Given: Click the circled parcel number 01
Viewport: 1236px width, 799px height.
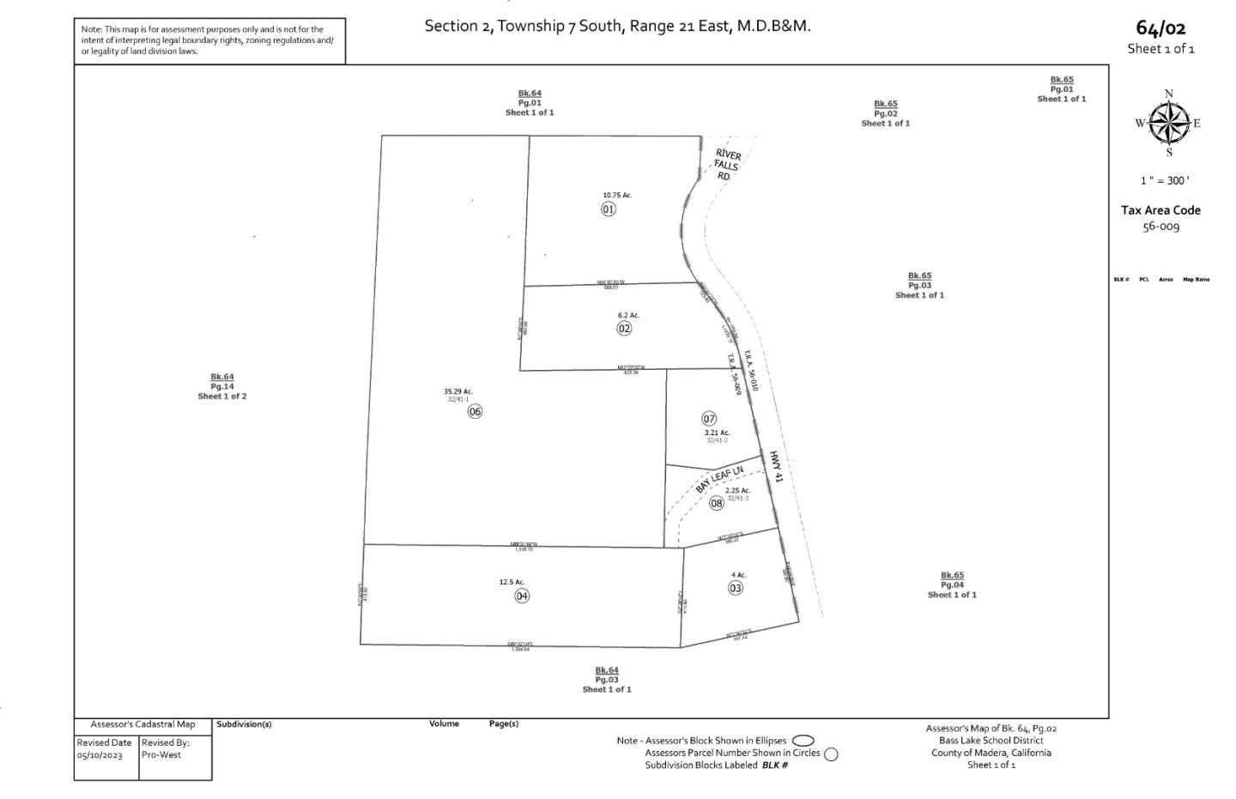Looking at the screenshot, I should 609,209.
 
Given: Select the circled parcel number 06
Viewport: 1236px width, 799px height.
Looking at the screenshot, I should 475,411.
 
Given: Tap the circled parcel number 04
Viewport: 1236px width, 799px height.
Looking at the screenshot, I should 522,596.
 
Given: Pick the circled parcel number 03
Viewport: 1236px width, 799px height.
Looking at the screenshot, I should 736,588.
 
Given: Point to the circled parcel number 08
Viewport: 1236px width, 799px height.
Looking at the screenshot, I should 717,504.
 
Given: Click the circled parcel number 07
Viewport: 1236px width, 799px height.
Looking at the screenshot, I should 709,419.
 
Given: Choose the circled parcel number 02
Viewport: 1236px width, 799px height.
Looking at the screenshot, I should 624,328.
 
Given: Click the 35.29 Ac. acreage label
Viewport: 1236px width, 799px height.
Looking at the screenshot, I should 458,391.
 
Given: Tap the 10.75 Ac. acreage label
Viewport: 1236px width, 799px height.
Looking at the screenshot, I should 617,196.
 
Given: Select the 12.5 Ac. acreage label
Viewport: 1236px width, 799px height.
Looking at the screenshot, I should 512,582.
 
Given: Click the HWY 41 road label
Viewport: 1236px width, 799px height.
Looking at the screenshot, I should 776,466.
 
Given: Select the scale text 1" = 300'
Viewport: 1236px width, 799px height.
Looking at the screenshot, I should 1165,181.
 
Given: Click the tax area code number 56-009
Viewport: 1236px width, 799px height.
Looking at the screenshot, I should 1160,227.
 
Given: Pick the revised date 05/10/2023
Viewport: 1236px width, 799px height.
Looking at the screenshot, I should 100,756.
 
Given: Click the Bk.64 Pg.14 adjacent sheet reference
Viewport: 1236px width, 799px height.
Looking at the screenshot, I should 222,386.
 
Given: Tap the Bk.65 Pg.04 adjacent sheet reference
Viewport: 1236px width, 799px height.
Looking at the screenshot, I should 952,584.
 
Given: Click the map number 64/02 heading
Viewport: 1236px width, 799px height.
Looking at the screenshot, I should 1160,29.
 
